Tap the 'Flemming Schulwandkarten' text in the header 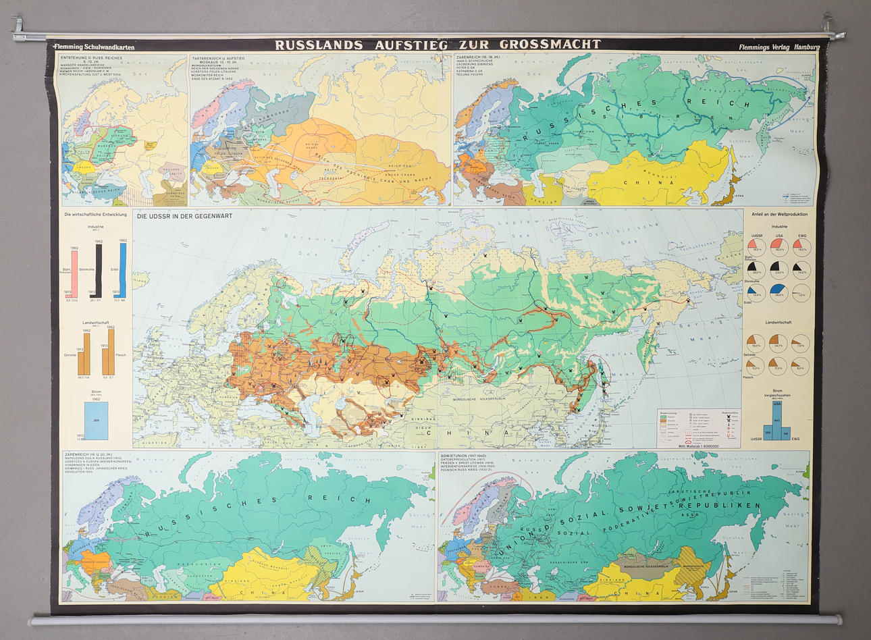[x=95, y=47]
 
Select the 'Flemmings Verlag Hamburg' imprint [x=778, y=47]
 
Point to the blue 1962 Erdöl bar [x=123, y=269]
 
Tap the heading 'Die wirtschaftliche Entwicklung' [x=95, y=215]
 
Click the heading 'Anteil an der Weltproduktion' [x=779, y=215]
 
